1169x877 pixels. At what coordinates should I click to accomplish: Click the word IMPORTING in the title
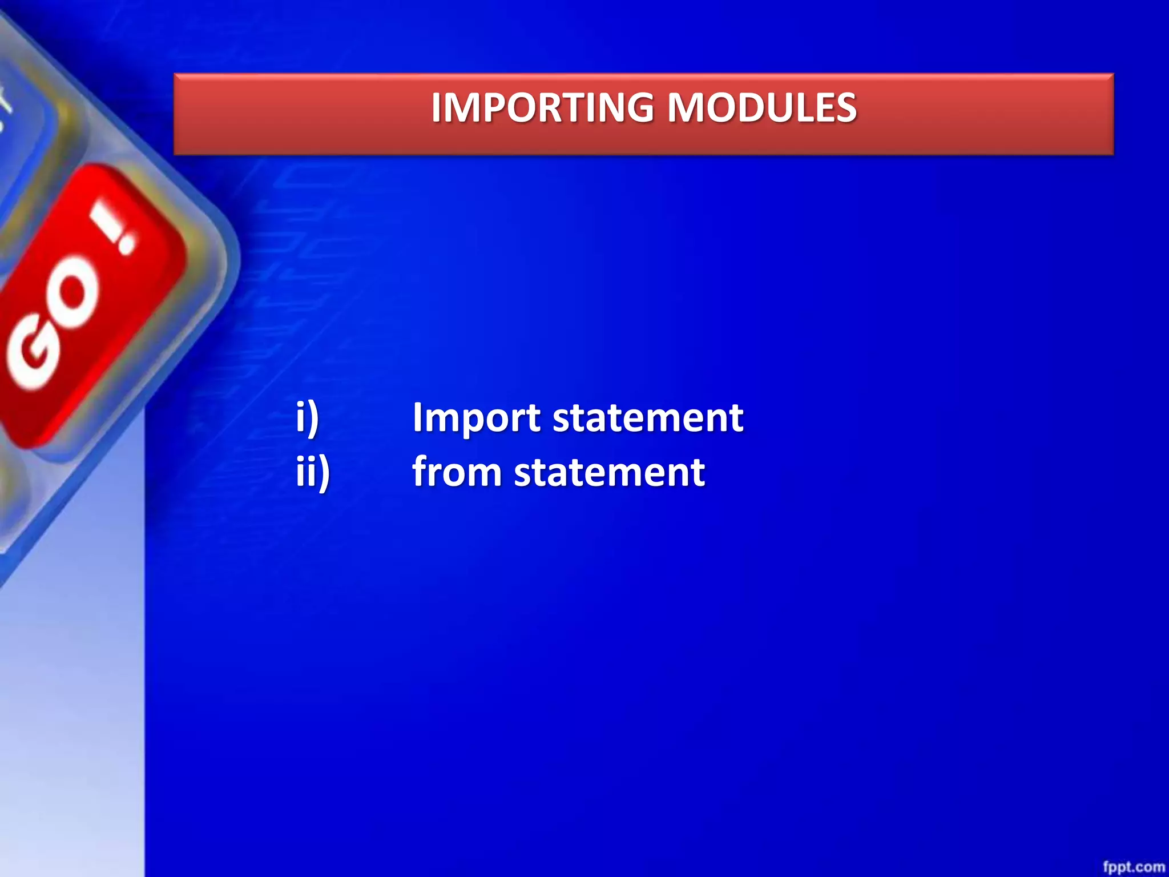542,107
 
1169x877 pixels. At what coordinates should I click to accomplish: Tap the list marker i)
307,417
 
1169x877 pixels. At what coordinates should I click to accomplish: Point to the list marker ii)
313,472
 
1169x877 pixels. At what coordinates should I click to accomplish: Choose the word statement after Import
648,417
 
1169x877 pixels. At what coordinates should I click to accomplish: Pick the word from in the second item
457,472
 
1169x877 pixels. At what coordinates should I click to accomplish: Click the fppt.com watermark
1133,866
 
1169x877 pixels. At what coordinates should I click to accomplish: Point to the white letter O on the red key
74,297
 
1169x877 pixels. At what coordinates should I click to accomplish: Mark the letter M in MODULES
688,107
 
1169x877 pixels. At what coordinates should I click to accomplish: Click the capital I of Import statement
417,417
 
